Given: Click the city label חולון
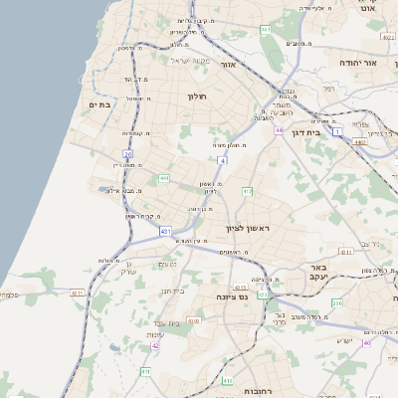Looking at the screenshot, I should pyautogui.click(x=196, y=96).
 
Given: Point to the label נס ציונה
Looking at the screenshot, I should pyautogui.click(x=239, y=297).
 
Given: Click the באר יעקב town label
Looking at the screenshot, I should pyautogui.click(x=317, y=274).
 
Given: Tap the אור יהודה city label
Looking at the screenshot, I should pyautogui.click(x=359, y=62).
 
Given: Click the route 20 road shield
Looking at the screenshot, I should pyautogui.click(x=127, y=153).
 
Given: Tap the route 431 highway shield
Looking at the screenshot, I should pyautogui.click(x=165, y=232).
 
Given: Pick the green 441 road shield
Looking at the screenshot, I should pyautogui.click(x=164, y=178).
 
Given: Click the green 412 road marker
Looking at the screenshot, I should pyautogui.click(x=248, y=190).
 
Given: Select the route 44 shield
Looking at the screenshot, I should pyautogui.click(x=281, y=129).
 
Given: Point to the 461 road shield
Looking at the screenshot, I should pyautogui.click(x=266, y=31).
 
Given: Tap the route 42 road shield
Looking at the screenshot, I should pyautogui.click(x=155, y=345).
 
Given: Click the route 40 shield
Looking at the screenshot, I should pyautogui.click(x=367, y=342).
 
